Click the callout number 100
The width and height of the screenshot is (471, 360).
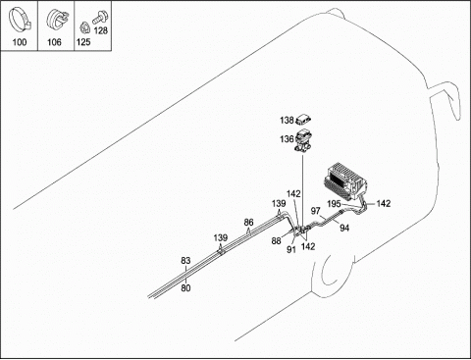point(20,42)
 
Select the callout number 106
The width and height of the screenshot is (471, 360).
point(54,42)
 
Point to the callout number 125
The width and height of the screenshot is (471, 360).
point(83,42)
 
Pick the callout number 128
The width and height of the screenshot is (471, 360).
point(100,30)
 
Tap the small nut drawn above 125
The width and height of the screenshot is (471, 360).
point(84,27)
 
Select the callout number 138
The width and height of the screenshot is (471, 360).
point(287,121)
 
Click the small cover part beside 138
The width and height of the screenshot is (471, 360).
point(303,120)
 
